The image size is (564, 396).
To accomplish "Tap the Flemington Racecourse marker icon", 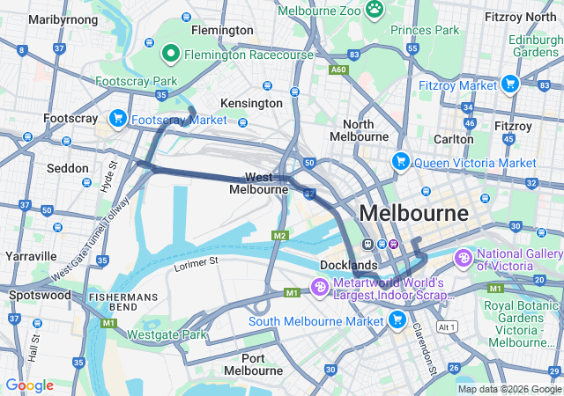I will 172,55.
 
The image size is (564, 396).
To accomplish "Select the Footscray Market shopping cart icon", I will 117,118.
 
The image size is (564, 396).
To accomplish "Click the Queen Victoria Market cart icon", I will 401,162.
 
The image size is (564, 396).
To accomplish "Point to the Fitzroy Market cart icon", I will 508,84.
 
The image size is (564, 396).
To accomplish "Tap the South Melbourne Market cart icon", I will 397,319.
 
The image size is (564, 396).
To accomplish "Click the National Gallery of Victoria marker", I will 463,260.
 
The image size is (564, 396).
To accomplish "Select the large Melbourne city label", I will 413,213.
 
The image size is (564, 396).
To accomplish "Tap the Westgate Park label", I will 167,335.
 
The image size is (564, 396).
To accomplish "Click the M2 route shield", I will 280,236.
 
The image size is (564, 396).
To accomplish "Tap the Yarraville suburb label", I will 30,256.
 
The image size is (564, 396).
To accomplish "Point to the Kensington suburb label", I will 250,103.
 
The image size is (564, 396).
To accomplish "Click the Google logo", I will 29,385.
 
